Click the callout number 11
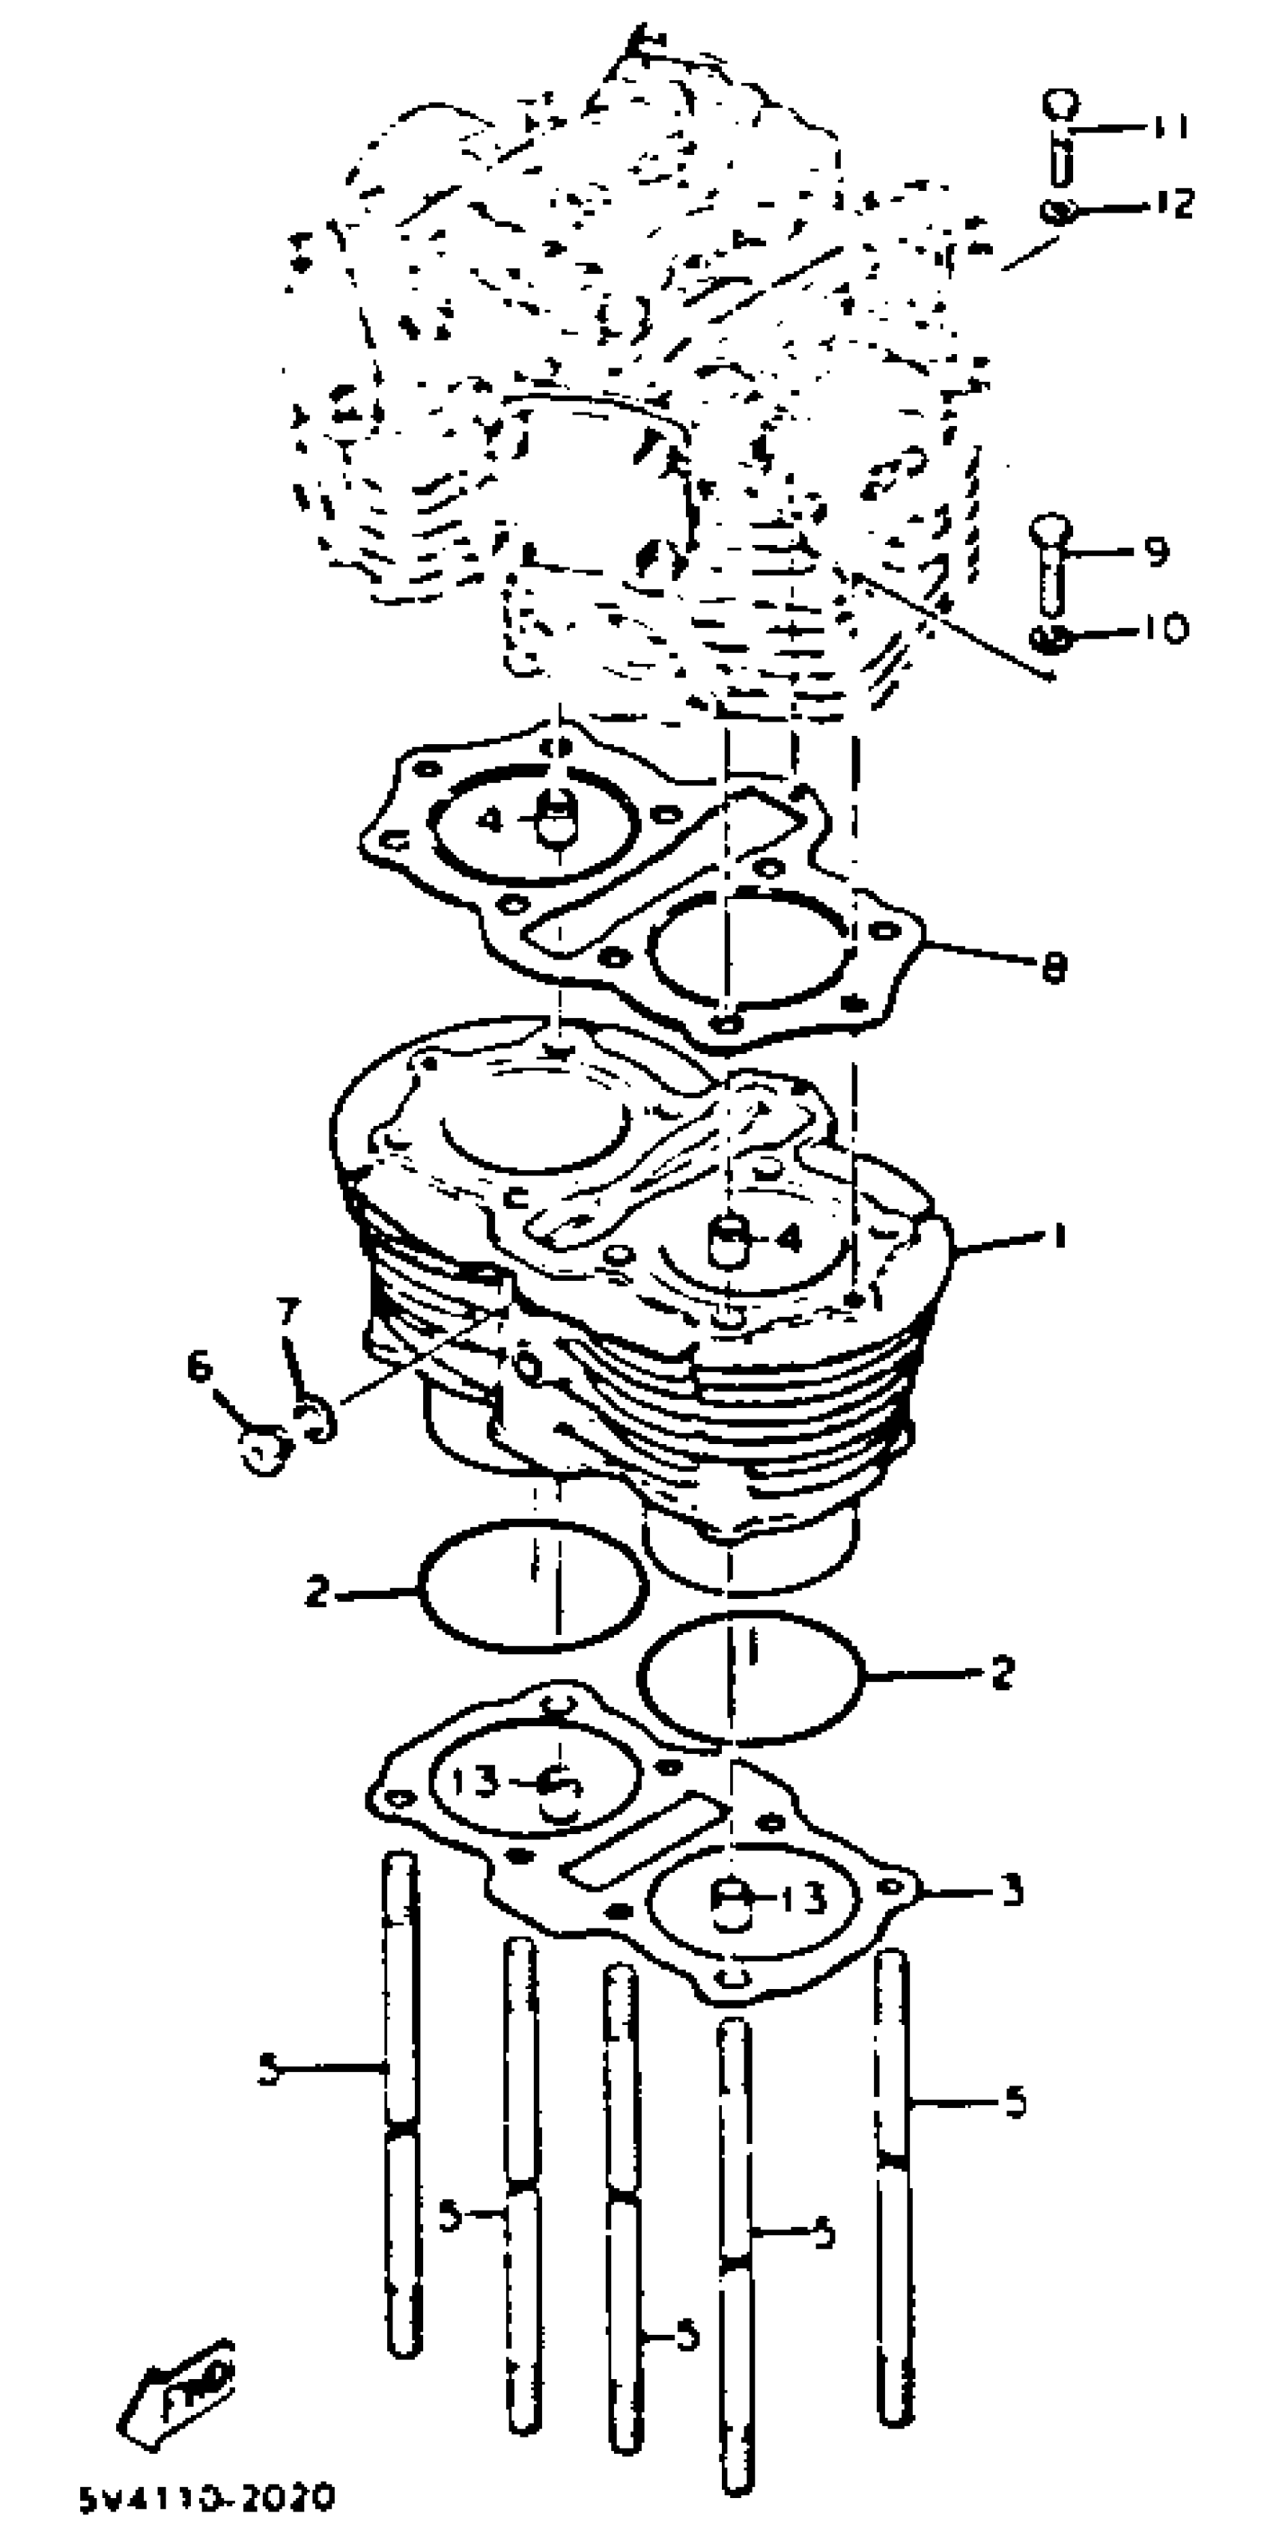pos(1170,127)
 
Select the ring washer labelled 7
pos(317,1419)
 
